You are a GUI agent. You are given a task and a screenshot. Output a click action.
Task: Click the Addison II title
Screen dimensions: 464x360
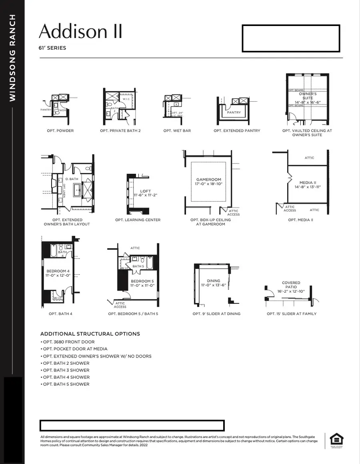pyautogui.click(x=80, y=31)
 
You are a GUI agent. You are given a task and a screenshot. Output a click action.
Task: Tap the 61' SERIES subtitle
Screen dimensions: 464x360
pyautogui.click(x=52, y=48)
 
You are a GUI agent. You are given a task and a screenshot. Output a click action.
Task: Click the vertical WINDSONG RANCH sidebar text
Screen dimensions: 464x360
pyautogui.click(x=12, y=58)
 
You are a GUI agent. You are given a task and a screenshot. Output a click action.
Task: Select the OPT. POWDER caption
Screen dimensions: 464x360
pyautogui.click(x=60, y=131)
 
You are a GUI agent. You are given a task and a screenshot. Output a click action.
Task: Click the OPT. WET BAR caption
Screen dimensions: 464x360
pyautogui.click(x=177, y=131)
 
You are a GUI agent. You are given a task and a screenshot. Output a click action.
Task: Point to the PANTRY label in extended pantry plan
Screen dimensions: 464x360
pyautogui.click(x=234, y=112)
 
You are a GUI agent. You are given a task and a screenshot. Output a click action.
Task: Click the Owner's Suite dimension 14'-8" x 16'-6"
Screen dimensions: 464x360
pyautogui.click(x=307, y=102)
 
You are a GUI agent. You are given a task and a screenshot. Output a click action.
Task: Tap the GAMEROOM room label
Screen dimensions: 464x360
pyautogui.click(x=208, y=180)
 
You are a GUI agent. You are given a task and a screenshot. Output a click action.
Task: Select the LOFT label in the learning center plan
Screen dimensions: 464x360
pyautogui.click(x=146, y=191)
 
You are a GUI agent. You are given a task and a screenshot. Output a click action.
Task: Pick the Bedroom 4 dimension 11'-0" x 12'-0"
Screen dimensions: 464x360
pyautogui.click(x=58, y=275)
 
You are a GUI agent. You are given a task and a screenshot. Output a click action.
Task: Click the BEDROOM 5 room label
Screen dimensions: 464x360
pyautogui.click(x=142, y=281)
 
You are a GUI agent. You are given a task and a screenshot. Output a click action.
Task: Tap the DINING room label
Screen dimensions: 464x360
pyautogui.click(x=214, y=281)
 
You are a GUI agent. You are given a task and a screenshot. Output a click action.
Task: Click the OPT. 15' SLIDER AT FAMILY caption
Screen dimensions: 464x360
pyautogui.click(x=291, y=313)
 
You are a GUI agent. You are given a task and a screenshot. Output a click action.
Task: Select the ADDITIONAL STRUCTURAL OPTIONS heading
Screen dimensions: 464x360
pyautogui.click(x=90, y=333)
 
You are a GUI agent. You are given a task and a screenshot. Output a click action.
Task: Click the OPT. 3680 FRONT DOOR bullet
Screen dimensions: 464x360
pyautogui.click(x=68, y=342)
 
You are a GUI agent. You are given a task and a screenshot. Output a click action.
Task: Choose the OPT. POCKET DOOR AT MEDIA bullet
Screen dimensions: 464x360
pyautogui.click(x=75, y=349)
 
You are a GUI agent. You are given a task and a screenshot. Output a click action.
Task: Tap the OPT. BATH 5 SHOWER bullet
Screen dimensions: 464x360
pyautogui.click(x=66, y=384)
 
